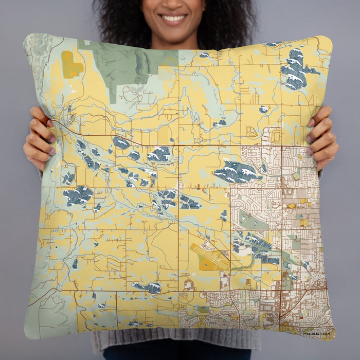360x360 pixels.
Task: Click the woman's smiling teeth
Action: pos(173,18)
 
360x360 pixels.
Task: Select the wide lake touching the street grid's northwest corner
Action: pos(237,172)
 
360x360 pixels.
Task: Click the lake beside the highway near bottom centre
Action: pos(148,287)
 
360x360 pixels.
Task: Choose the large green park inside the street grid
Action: pos(250,221)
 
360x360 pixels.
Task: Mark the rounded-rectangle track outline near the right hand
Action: pos(276,136)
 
